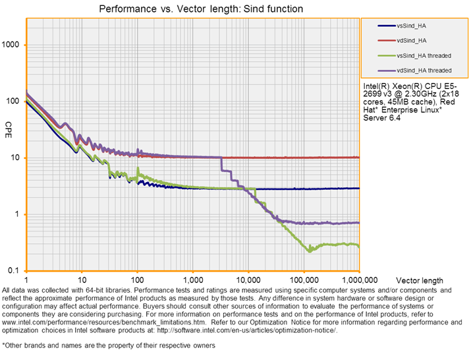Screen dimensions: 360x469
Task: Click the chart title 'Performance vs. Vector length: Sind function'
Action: click(202, 10)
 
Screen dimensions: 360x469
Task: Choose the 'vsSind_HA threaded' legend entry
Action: click(424, 55)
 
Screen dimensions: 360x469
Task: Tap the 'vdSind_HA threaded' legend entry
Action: click(424, 70)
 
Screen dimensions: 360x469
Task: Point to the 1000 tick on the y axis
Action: click(13, 45)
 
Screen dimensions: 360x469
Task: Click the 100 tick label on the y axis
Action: click(14, 102)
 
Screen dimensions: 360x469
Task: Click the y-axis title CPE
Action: click(9, 125)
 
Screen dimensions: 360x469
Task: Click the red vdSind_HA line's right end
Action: click(358, 158)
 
